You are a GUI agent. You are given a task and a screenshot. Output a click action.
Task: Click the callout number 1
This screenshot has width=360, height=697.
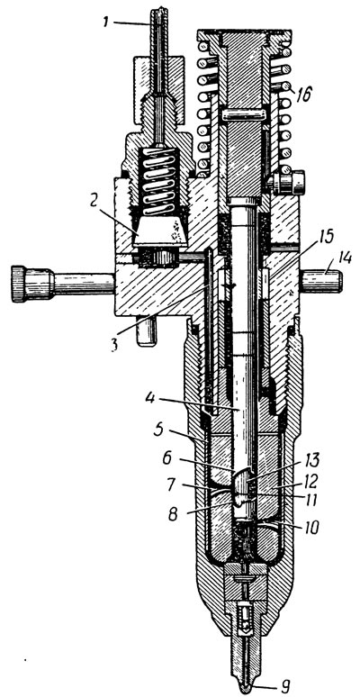[106, 22]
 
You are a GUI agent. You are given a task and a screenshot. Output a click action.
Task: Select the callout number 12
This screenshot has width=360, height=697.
[309, 480]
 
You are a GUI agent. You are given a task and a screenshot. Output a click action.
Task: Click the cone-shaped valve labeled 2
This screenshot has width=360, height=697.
[160, 231]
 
